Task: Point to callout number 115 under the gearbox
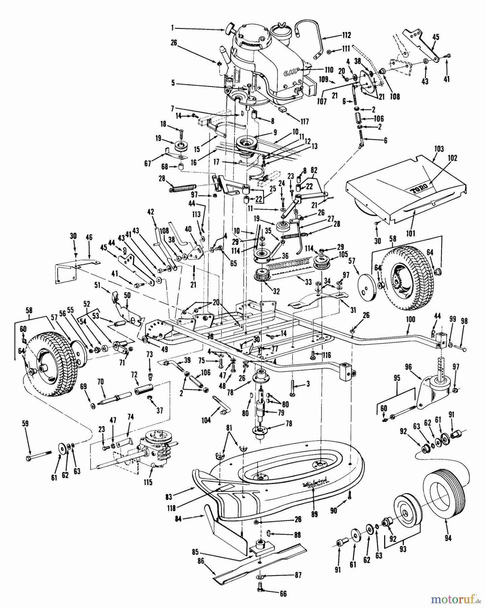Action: pos(148,482)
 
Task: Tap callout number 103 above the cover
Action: pos(439,149)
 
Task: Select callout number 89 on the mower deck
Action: pos(314,514)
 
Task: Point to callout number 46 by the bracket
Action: pos(89,237)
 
